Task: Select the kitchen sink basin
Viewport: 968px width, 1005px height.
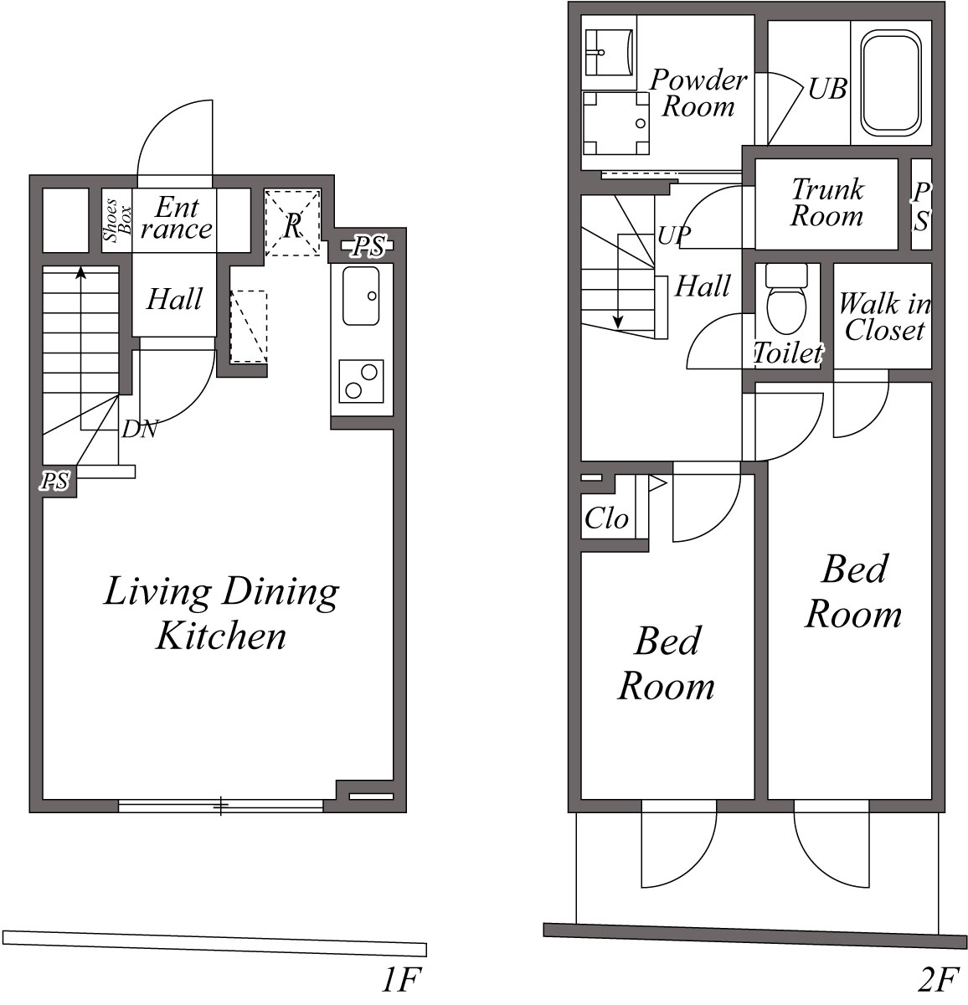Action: tap(361, 296)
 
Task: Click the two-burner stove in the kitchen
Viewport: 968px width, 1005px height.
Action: tap(362, 381)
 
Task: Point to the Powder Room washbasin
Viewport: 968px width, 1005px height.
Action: tap(610, 52)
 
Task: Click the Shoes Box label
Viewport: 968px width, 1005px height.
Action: tap(117, 220)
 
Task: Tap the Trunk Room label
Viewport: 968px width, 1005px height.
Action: tap(827, 203)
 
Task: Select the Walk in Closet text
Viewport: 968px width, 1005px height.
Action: tap(884, 317)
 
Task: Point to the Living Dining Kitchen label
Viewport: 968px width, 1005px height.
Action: tap(221, 614)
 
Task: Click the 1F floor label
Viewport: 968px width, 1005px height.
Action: tap(401, 979)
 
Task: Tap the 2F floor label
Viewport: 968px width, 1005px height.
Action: tap(935, 979)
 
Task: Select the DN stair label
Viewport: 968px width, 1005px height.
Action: tap(139, 429)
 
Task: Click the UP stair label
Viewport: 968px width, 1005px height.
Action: tap(674, 235)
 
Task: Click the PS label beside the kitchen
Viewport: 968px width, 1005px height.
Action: tap(368, 246)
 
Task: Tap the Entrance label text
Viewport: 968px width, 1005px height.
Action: tap(177, 218)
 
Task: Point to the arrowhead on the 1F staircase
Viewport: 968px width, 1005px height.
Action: tap(80, 272)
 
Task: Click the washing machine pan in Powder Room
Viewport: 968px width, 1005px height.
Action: tap(616, 123)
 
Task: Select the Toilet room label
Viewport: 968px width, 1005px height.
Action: tap(787, 353)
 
